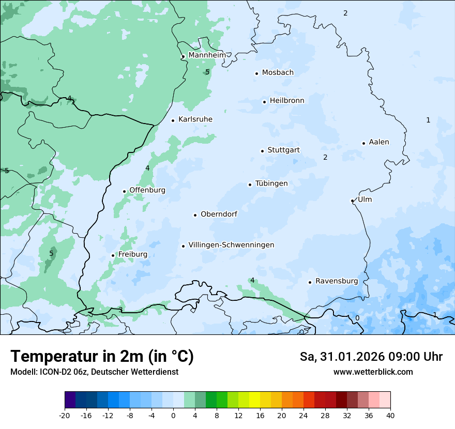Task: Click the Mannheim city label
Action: (207, 55)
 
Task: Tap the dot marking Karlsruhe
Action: (173, 120)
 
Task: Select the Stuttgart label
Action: (283, 150)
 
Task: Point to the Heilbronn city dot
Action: (264, 102)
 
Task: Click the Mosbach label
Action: (278, 73)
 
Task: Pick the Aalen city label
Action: (379, 142)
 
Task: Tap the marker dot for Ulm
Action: (352, 201)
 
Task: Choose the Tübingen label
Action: (271, 183)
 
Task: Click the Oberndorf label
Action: (219, 214)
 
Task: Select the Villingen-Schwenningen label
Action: (231, 245)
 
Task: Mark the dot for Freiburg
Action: (113, 255)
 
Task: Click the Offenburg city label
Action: (147, 190)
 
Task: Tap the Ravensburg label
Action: (337, 281)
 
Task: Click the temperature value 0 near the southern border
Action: (357, 318)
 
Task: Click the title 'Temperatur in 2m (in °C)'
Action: (102, 357)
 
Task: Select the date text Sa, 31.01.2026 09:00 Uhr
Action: (371, 357)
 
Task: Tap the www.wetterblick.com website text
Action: (373, 372)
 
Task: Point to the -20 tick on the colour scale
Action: (65, 416)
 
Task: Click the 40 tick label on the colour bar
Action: (390, 416)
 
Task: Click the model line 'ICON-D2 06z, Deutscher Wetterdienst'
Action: (94, 372)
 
